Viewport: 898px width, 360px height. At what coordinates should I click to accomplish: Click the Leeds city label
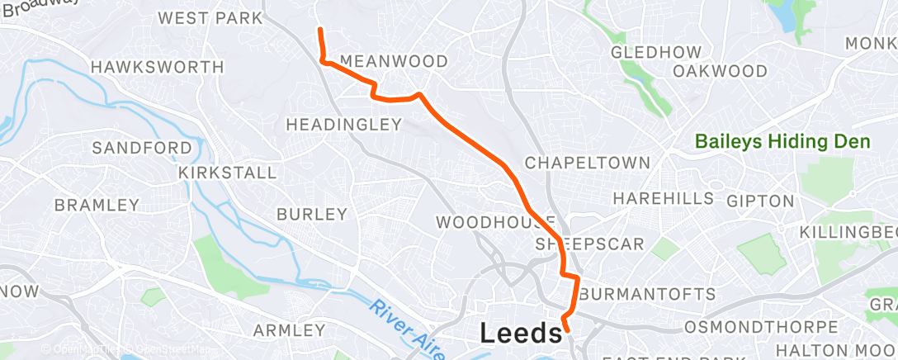tap(521, 334)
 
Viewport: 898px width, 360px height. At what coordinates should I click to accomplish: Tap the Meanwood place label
tap(394, 62)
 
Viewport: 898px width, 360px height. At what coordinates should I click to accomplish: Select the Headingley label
tap(343, 125)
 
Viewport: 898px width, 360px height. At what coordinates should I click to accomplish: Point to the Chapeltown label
tap(588, 163)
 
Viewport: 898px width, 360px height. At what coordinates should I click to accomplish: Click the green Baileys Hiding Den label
tap(782, 142)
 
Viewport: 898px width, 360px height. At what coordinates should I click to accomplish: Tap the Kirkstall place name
tap(228, 173)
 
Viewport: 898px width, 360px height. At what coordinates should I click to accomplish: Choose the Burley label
tap(312, 214)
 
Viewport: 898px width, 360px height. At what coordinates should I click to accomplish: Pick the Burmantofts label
tap(647, 295)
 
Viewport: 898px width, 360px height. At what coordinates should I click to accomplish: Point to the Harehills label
tap(664, 199)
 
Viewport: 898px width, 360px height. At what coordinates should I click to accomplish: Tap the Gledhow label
tap(655, 52)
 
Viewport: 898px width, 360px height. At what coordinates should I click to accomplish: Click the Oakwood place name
tap(720, 71)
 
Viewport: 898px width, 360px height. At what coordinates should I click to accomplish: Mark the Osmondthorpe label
tap(750, 325)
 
